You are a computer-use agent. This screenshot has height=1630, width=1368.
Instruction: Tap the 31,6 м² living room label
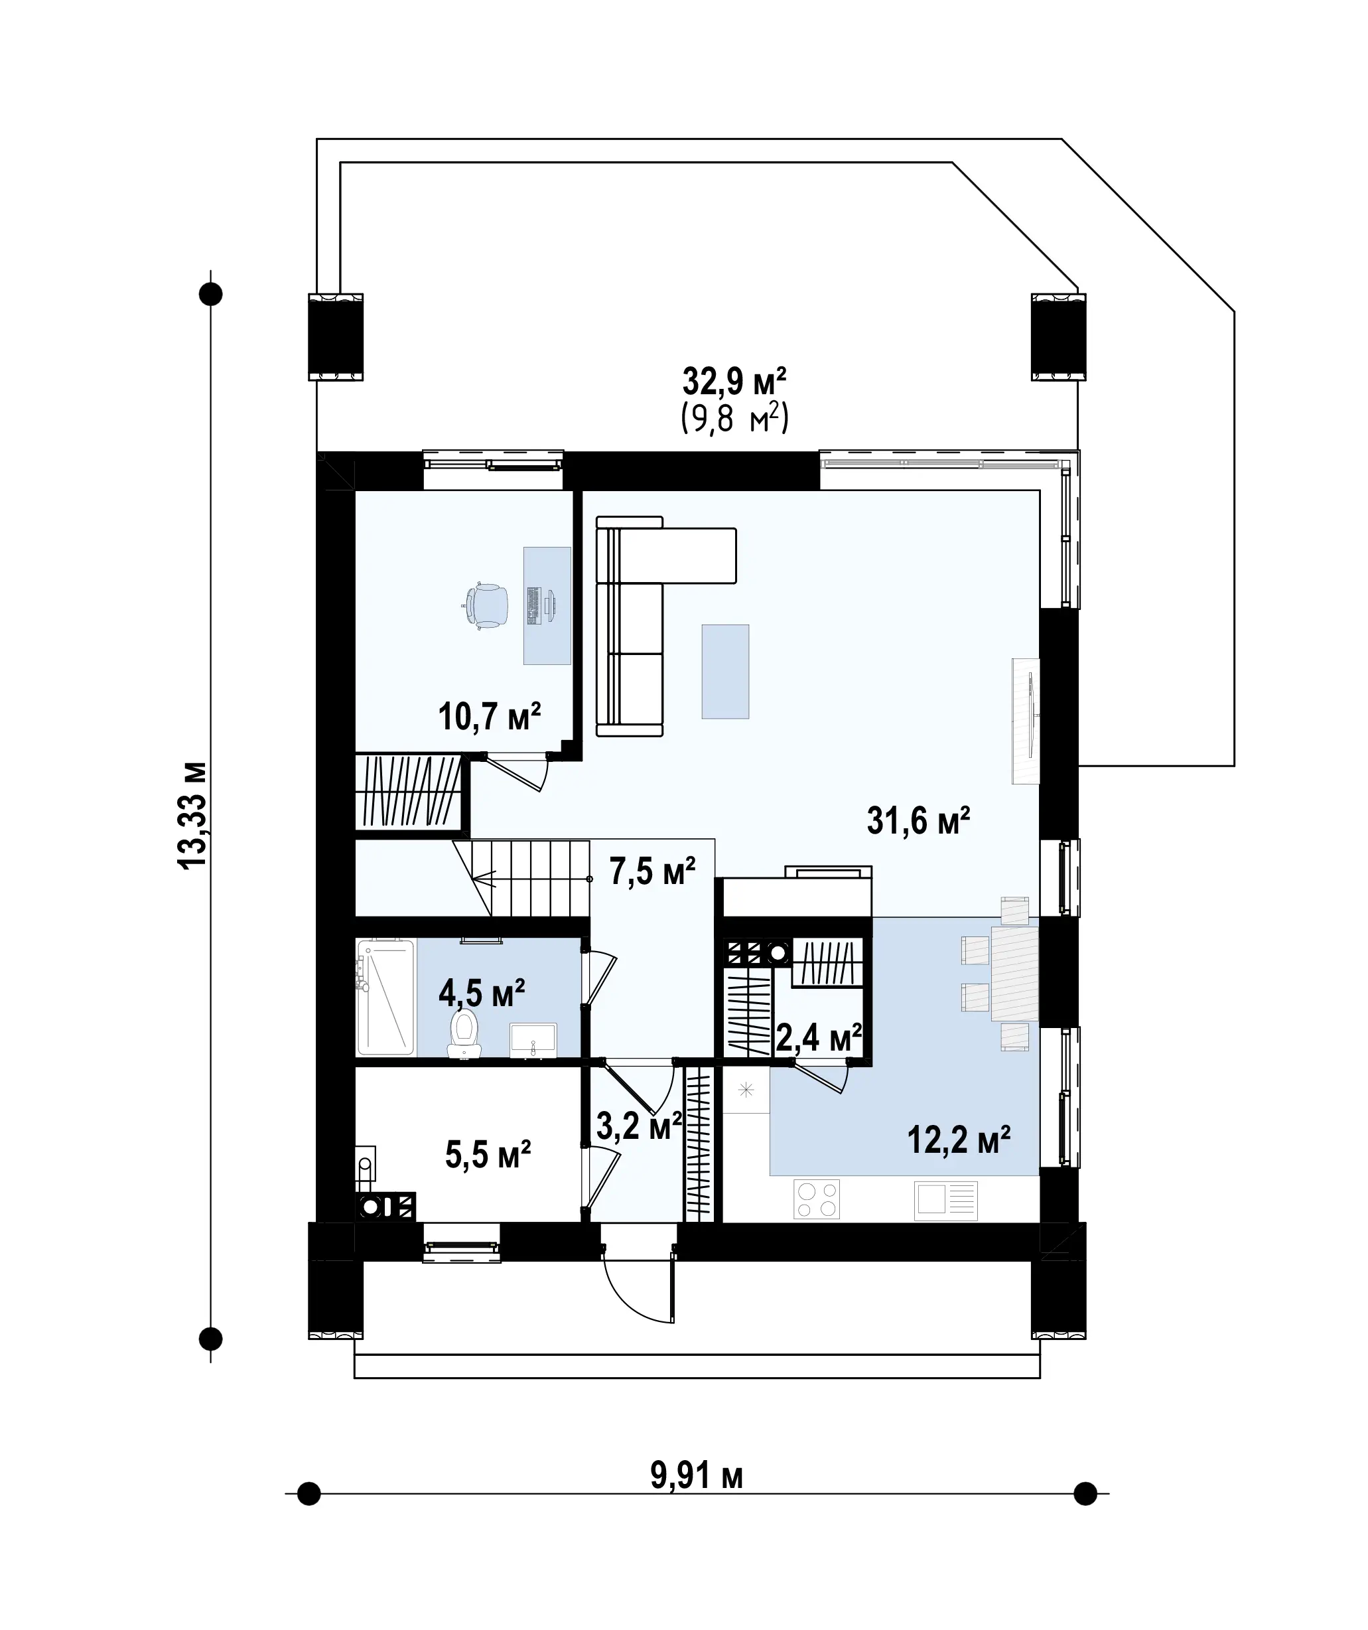(x=918, y=820)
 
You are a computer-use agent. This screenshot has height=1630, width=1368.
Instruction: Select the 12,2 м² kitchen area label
(x=959, y=1140)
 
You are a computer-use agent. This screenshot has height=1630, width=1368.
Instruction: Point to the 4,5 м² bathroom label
(x=481, y=993)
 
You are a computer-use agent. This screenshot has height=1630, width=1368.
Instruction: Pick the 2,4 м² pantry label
(x=819, y=1038)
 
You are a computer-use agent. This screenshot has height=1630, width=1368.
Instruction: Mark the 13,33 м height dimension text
(x=192, y=816)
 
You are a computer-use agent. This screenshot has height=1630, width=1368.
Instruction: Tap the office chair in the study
(x=486, y=605)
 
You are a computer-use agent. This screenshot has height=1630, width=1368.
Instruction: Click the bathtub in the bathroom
(x=385, y=998)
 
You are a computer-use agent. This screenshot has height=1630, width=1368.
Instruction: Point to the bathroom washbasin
(x=533, y=1041)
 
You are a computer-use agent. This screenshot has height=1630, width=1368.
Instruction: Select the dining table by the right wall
(x=1015, y=974)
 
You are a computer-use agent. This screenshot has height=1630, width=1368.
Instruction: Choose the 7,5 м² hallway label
(x=653, y=871)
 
